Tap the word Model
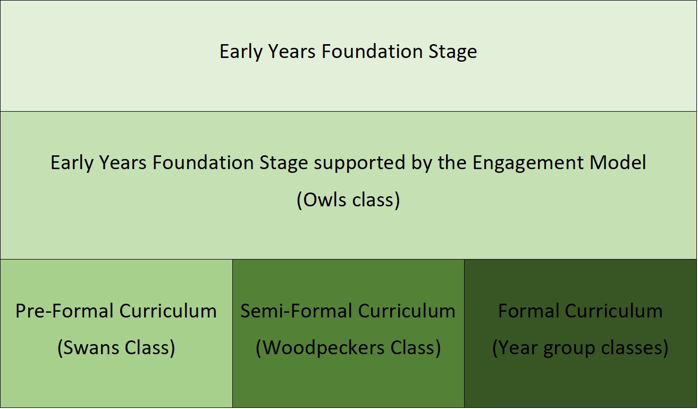tap(618, 162)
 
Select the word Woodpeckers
tap(324, 348)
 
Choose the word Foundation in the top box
tap(372, 51)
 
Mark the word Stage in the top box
tap(453, 53)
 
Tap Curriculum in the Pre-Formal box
tap(168, 311)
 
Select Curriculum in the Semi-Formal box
tap(407, 311)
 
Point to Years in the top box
tap(292, 51)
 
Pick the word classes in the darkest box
tap(632, 348)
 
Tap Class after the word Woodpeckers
tap(413, 348)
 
